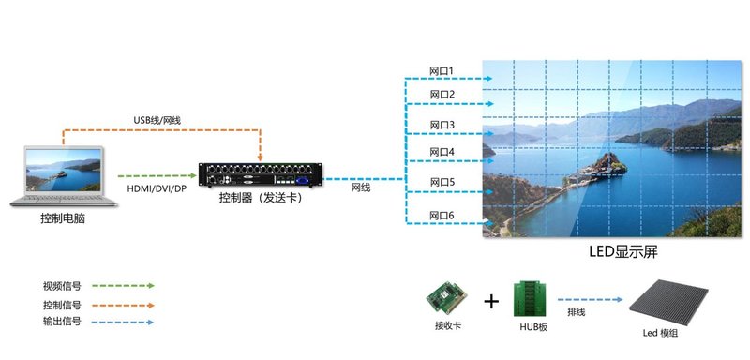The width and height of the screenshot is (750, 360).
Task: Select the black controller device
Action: pos(262,174)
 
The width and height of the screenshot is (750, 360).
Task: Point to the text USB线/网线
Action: pos(159,120)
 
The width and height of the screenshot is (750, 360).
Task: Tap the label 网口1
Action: pos(442,71)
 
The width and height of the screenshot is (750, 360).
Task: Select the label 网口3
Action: pos(442,125)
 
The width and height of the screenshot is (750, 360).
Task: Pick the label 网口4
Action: pos(442,152)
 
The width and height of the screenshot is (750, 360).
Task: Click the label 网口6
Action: pos(442,216)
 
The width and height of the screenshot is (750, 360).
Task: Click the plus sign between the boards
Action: pos(490,302)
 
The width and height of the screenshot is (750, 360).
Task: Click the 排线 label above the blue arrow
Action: pos(577,312)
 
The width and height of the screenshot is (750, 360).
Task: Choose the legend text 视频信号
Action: pos(62,286)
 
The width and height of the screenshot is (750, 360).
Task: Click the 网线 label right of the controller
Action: pos(361,188)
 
